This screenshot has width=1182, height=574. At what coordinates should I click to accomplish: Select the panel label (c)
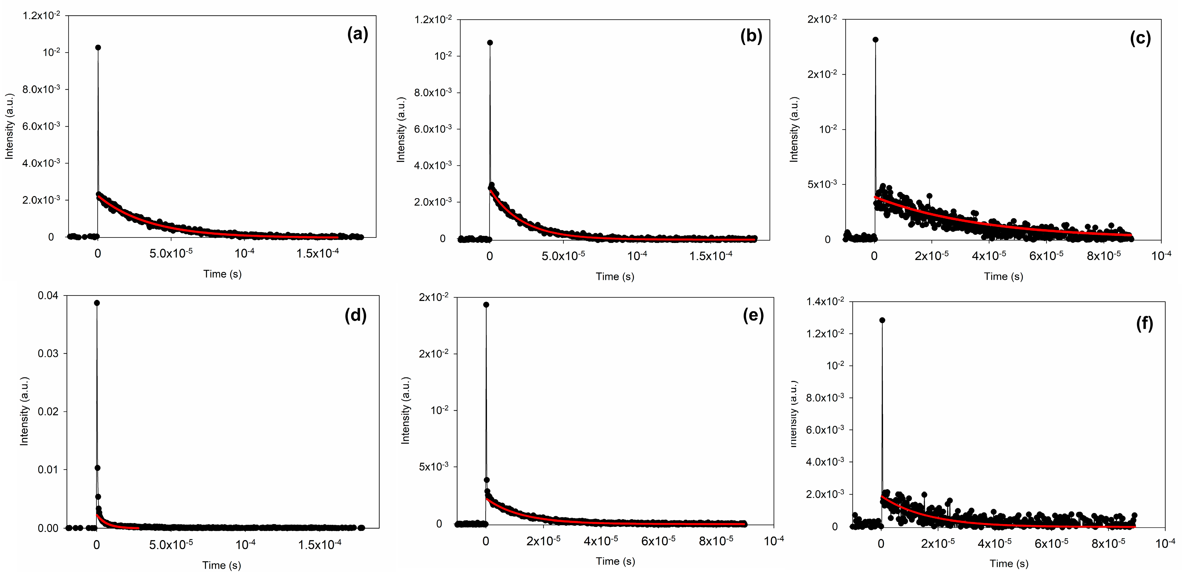1140,38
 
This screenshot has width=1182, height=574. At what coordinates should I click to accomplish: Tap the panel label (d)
356,316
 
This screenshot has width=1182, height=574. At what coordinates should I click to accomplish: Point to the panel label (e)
754,316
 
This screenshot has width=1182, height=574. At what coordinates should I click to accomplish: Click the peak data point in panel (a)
98,47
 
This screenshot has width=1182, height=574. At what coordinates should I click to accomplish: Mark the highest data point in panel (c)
875,40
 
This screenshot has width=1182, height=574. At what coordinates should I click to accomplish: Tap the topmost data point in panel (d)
97,303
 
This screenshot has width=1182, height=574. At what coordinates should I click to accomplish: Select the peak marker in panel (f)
882,320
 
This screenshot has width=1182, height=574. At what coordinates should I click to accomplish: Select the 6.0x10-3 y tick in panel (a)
41,126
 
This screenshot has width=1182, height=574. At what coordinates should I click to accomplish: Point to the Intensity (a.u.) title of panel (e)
406,411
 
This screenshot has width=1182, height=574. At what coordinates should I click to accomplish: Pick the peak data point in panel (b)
490,43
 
